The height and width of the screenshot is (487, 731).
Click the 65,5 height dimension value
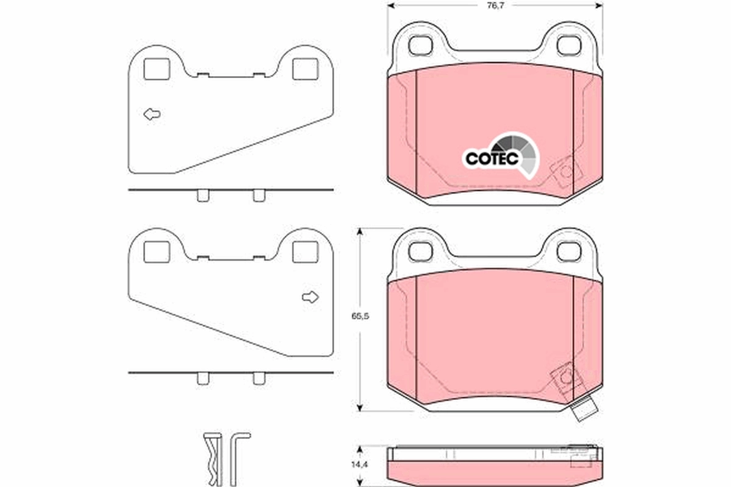pyautogui.click(x=359, y=317)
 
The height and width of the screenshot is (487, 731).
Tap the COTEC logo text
pyautogui.click(x=492, y=158)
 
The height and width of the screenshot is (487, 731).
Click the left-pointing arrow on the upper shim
pyautogui.click(x=152, y=114)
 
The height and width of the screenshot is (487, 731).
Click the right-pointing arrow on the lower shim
pyautogui.click(x=310, y=297)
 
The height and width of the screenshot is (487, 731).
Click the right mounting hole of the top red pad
pyautogui.click(x=570, y=44)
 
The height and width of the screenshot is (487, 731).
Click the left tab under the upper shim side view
pyautogui.click(x=203, y=195)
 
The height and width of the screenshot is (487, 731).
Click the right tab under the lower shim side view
pyautogui.click(x=259, y=378)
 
